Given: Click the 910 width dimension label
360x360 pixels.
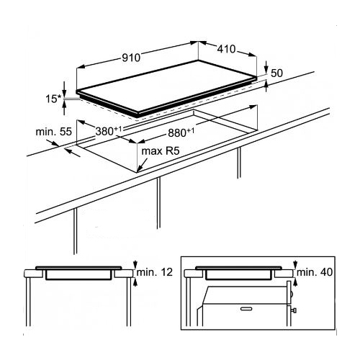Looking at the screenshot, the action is pos(131,58).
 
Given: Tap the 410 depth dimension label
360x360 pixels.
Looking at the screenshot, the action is pos(226,49).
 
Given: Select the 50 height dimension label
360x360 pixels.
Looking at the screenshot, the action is pos(276,73).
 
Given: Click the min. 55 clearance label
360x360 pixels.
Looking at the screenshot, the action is pos(54,132).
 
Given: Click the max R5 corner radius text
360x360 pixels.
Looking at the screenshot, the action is pos(161,151).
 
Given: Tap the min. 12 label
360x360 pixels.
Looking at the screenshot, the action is pos(155,272).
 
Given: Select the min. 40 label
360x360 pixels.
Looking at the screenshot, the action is pos(315,272).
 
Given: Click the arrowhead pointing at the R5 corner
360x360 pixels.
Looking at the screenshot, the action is pos(140,169).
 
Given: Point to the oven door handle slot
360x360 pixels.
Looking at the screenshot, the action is pos(247,309).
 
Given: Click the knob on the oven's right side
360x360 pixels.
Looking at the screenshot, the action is pos(294,310).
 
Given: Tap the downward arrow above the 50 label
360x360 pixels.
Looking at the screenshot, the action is pos(266,68).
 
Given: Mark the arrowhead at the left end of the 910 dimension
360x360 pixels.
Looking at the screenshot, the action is pos(80,67).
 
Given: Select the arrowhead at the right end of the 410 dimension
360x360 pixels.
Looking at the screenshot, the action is pos(253,55).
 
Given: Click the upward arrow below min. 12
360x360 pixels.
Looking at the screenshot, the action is pos(135,282).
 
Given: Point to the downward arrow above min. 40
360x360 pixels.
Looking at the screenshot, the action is pos(295,264).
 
